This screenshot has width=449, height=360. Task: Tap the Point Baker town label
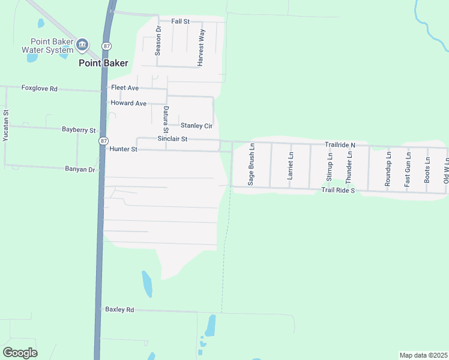click(x=103, y=62)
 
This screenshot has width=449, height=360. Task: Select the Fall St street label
click(x=180, y=21)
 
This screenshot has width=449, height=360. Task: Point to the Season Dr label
click(x=158, y=40)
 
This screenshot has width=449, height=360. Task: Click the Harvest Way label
click(x=202, y=47)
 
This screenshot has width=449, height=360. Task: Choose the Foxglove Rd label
click(x=39, y=88)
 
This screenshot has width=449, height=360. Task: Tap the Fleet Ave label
click(x=124, y=88)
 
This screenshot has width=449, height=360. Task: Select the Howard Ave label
click(x=128, y=103)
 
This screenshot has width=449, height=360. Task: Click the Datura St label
click(x=166, y=119)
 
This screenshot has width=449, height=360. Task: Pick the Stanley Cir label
click(x=196, y=126)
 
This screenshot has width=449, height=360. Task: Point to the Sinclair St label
click(x=172, y=139)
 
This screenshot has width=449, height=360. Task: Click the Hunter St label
click(x=124, y=149)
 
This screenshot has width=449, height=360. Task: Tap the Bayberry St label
click(x=79, y=130)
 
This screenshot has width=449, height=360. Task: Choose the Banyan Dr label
click(x=80, y=169)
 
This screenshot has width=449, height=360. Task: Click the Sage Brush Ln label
click(x=252, y=164)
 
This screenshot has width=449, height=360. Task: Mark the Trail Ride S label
click(x=338, y=190)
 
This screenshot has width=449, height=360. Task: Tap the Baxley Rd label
click(x=119, y=310)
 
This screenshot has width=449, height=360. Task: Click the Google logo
click(x=20, y=352)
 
